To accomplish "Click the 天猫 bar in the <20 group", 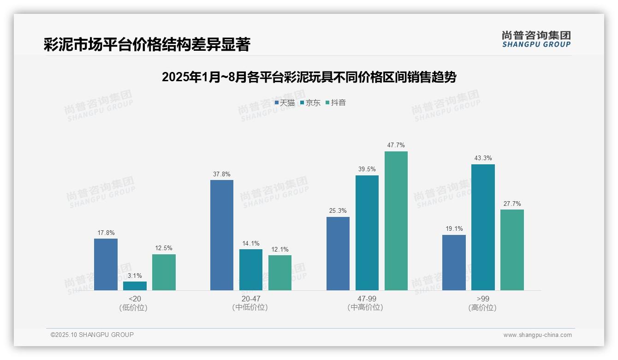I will point(106,264).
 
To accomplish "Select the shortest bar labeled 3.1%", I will point(135,286).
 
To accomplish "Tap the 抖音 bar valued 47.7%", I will point(396,221).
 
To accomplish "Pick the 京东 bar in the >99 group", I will point(483,227).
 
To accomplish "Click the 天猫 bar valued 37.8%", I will point(222,235).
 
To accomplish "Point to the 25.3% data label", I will point(338,211).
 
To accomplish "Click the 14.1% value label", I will point(251,243).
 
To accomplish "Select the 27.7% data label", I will point(512,204).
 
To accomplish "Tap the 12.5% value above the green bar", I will point(164,248).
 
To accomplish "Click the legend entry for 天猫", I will point(285,102).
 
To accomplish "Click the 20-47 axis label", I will point(251,299).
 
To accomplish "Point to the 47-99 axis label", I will point(367,299).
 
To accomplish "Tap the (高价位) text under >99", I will point(482,307).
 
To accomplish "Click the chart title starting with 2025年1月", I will point(309,78).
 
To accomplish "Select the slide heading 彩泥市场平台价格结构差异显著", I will point(147,45).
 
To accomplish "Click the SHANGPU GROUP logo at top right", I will point(536,39).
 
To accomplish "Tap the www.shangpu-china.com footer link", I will point(537,335).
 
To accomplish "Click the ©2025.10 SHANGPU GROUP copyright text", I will point(92,335).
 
